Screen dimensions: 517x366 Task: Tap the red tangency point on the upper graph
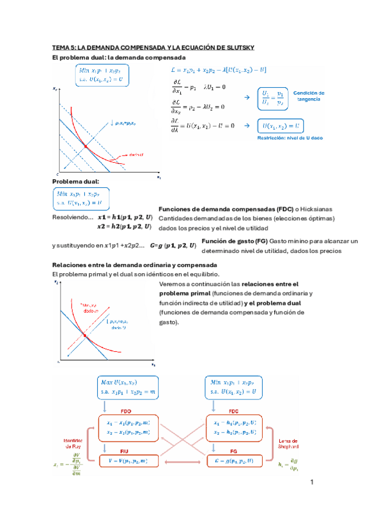point(86,147)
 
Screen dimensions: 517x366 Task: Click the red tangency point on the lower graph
point(85,336)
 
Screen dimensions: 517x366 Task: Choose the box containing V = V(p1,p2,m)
point(127,462)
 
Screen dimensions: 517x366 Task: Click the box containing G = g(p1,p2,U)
point(238,462)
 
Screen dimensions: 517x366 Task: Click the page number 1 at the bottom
point(312,483)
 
